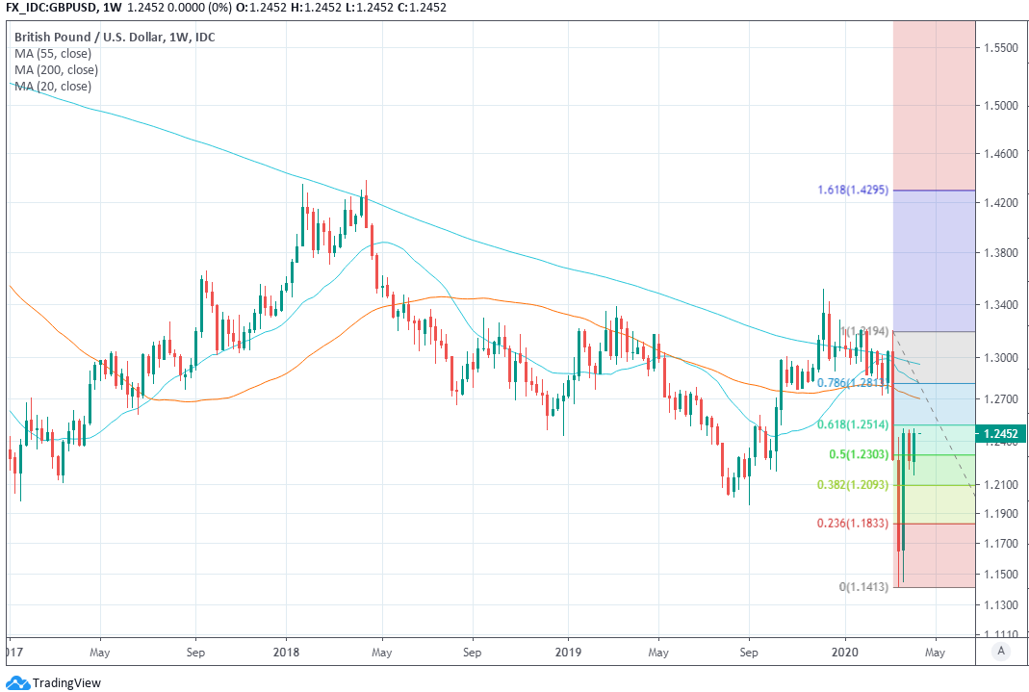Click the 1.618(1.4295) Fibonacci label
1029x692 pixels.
pos(854,191)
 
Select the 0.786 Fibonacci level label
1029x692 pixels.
pos(850,383)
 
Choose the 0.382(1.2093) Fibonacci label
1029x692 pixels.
pos(854,485)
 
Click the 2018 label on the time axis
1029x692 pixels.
pos(286,651)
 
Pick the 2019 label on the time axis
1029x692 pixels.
pos(567,651)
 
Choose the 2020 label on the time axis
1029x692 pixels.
pos(846,651)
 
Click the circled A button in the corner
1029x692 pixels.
pos(1002,651)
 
